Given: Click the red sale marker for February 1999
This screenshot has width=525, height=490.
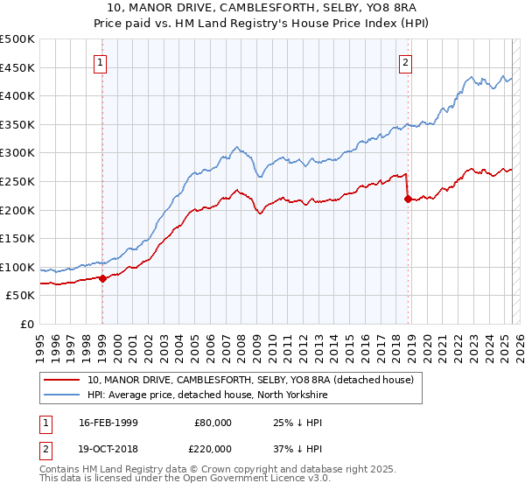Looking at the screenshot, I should point(102,278).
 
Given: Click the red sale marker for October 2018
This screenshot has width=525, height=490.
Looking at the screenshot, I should point(408,199).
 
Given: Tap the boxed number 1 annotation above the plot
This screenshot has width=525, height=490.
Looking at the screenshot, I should point(101,62).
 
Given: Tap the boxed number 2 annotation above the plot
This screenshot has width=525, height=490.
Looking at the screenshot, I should point(406,62).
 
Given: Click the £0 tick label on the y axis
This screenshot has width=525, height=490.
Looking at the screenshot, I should point(27,325).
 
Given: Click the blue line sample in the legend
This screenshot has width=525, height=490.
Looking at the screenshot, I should point(61,395).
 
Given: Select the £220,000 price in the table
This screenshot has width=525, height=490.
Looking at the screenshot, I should point(213,448).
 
